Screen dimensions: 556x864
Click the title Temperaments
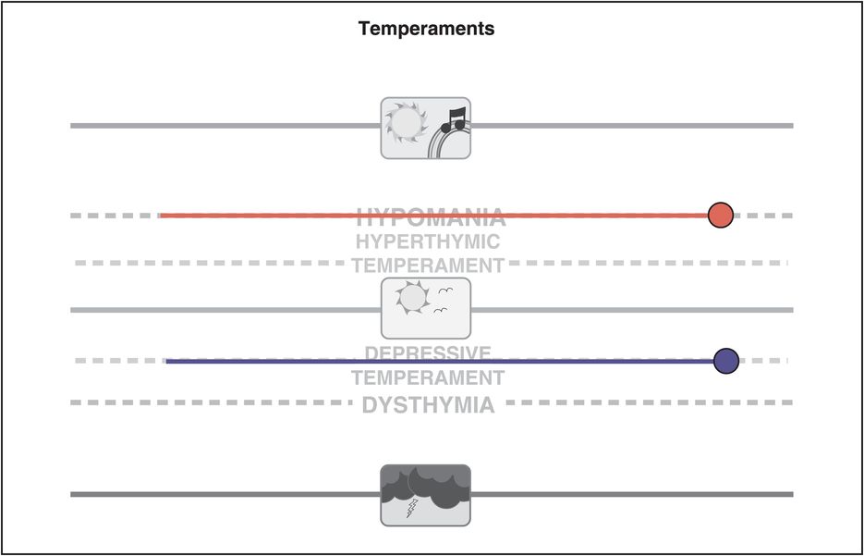(426, 29)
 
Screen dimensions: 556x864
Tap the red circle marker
(721, 216)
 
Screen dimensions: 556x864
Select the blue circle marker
(726, 361)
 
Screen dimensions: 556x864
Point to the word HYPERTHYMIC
(428, 242)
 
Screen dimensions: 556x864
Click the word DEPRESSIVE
(428, 352)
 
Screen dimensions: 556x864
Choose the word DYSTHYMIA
(428, 405)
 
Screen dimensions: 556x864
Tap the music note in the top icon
(454, 118)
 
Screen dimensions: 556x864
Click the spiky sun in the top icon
(403, 120)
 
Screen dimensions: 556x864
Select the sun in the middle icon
(411, 297)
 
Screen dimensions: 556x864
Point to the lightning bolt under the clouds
(412, 507)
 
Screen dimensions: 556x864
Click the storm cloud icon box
(426, 495)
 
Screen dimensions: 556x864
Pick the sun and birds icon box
(426, 308)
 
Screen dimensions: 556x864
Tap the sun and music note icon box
(426, 128)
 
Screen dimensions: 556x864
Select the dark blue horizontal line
(277, 361)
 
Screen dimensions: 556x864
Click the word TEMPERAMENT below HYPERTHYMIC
(428, 266)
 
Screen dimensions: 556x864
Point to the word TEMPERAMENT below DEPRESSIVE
(428, 377)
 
